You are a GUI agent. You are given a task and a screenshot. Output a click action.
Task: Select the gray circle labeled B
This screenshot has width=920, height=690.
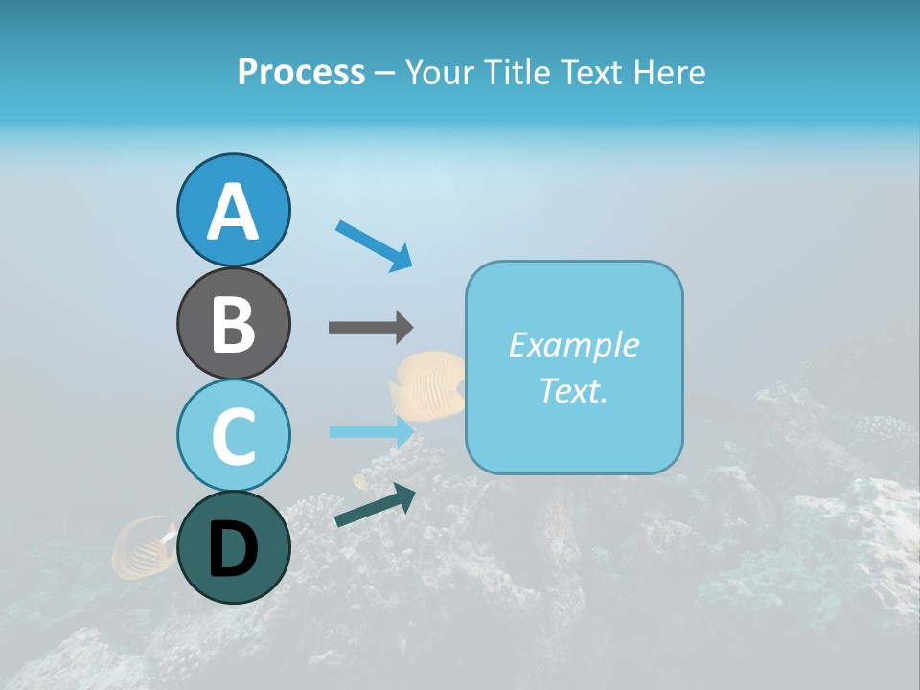click(233, 323)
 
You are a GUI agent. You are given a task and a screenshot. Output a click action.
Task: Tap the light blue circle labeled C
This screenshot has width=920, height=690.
click(233, 435)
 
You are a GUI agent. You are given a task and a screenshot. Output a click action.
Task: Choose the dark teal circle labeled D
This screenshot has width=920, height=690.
click(233, 548)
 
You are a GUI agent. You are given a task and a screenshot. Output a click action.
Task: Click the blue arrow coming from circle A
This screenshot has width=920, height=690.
click(375, 245)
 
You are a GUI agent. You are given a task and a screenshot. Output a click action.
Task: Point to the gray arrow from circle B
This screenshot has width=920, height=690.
click(370, 327)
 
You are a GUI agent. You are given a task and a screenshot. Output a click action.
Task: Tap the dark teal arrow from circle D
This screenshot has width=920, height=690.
click(375, 505)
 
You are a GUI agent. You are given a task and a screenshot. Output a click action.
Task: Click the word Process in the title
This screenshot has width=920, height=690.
click(301, 72)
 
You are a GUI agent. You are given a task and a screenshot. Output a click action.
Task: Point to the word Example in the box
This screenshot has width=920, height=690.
click(573, 345)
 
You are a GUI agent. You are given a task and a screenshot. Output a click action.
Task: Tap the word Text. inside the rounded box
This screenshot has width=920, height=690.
click(573, 390)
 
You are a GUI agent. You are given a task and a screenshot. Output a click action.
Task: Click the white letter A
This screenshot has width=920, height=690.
click(233, 212)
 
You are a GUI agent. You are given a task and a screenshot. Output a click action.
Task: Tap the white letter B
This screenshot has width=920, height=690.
click(233, 324)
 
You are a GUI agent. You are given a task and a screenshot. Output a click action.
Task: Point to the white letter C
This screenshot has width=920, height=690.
click(233, 436)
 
